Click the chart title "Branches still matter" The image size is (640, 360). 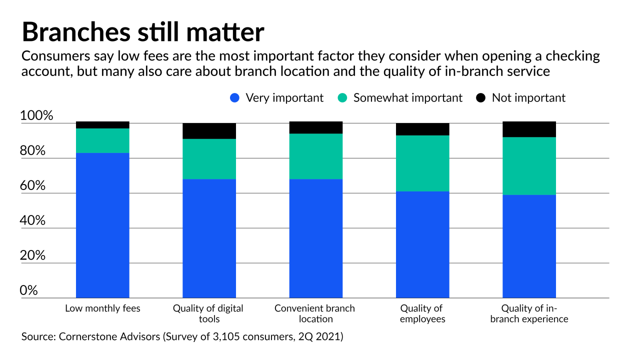point(142,32)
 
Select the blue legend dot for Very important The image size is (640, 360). point(234,98)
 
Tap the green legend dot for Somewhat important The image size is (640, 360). point(342,98)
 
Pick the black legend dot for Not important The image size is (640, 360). point(481,98)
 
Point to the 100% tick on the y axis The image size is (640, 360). point(36,116)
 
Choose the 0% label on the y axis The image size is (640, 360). point(28,290)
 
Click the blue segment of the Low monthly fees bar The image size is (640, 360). point(102,225)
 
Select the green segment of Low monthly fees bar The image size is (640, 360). point(102,140)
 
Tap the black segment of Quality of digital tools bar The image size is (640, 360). point(209,131)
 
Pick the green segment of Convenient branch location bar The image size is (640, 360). point(315,156)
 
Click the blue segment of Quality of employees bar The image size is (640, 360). point(422,244)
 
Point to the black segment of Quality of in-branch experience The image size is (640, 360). point(529,129)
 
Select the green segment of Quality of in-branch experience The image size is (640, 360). point(529,165)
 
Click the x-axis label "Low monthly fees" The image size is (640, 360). point(102,308)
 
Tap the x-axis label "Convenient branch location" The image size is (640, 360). point(314,313)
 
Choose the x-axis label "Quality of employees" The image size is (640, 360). point(422,313)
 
